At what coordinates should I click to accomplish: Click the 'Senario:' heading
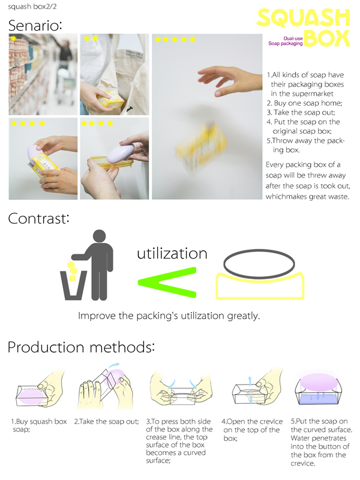pyautogui.click(x=35, y=25)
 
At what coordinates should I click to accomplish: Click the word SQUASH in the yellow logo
pyautogui.click(x=303, y=18)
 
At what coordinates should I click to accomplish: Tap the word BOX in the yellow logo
pyautogui.click(x=326, y=38)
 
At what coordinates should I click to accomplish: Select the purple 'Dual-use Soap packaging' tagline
pyautogui.click(x=286, y=41)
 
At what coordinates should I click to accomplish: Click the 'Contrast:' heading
pyautogui.click(x=38, y=218)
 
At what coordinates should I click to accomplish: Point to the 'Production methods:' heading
pyautogui.click(x=81, y=347)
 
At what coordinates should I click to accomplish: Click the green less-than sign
pyautogui.click(x=167, y=282)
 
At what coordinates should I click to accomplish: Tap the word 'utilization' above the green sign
pyautogui.click(x=172, y=253)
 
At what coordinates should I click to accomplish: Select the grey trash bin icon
pyautogui.click(x=73, y=285)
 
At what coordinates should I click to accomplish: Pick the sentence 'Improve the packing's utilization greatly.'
pyautogui.click(x=169, y=316)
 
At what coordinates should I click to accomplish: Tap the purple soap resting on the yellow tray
pyautogui.click(x=120, y=153)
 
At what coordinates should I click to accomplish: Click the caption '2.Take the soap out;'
pyautogui.click(x=107, y=422)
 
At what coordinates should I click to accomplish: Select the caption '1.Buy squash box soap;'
pyautogui.click(x=39, y=425)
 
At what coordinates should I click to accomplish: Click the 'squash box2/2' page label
pyautogui.click(x=32, y=7)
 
